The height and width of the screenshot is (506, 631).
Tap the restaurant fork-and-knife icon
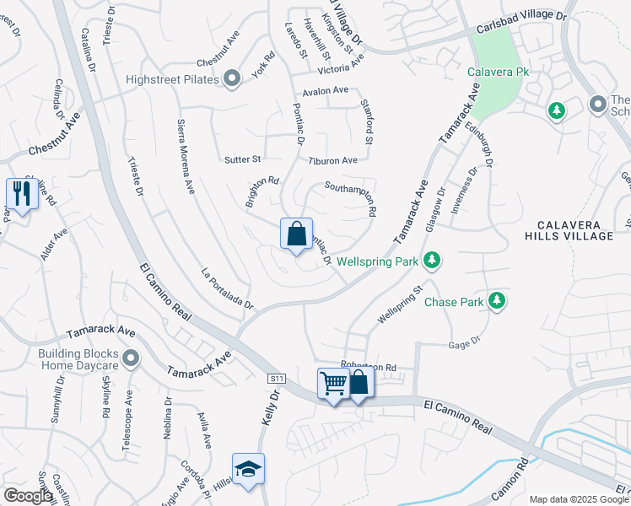[x=19, y=194]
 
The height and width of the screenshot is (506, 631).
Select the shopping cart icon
[x=333, y=384]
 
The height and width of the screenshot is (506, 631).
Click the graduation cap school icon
[x=249, y=469]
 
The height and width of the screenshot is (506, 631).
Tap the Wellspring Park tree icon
[x=432, y=261]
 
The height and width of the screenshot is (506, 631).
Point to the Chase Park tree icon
[x=497, y=301]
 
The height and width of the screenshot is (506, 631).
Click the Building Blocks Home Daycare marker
[x=130, y=359]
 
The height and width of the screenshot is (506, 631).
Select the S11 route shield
[x=276, y=379]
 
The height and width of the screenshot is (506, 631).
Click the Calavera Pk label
[x=499, y=73]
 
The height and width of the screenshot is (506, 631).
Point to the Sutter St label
[x=244, y=159]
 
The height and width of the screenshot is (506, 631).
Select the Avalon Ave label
[x=326, y=91]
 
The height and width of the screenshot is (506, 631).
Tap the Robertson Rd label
[x=368, y=368]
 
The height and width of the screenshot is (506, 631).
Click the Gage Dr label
[x=464, y=343]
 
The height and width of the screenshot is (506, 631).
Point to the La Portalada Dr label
[x=226, y=288]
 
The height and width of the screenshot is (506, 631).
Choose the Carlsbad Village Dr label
[x=520, y=16]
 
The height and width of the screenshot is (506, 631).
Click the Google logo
[x=28, y=496]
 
